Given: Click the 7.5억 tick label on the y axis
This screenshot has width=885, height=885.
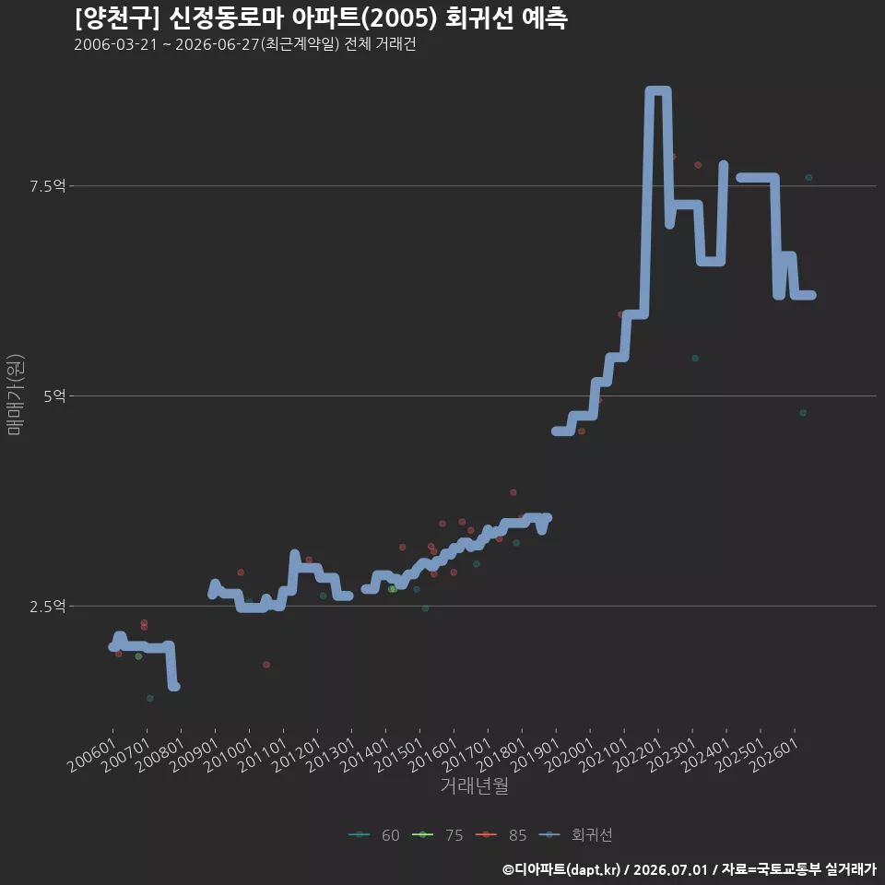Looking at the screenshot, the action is coord(47,185).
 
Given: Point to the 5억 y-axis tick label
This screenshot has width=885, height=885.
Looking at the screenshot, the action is coord(54,395).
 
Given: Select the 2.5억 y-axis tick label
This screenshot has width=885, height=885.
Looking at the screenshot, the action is coord(47,607).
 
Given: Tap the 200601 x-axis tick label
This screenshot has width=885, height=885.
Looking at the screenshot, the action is coord(92,755).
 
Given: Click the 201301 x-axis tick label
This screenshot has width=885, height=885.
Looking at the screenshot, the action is coord(331,755).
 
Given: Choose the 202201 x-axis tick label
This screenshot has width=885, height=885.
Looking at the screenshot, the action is coord(638,755).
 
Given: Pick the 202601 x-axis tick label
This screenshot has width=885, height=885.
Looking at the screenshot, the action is coord(774,755).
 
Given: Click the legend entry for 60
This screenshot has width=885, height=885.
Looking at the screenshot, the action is coord(374,835).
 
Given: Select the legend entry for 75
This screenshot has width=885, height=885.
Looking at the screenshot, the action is coord(438,835).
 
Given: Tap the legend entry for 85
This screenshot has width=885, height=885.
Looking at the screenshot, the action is coord(501,835).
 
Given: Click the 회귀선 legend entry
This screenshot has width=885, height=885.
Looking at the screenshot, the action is coord(575,835).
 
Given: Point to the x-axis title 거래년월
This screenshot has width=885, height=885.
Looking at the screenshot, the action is coord(474,785).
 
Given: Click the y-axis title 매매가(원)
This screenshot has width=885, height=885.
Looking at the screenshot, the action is coord(15,395).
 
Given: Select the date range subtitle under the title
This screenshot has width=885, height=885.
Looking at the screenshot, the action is coord(245,44).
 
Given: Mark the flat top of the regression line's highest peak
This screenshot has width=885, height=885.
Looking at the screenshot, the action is coord(657,91).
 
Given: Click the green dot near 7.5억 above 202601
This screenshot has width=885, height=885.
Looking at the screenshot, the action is coord(808,177).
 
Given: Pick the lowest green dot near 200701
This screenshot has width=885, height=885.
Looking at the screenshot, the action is coord(149,698).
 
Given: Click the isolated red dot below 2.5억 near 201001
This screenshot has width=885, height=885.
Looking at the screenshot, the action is coord(266,665).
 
